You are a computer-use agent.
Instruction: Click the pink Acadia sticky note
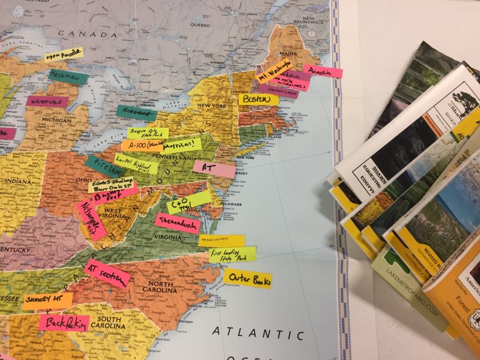(323, 71)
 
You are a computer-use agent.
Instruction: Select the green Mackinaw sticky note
(68, 77)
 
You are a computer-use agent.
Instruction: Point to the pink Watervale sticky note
(47, 101)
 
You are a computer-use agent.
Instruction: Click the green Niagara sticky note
(136, 113)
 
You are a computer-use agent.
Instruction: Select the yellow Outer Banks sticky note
(248, 278)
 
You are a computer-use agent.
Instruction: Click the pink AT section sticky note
(107, 274)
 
